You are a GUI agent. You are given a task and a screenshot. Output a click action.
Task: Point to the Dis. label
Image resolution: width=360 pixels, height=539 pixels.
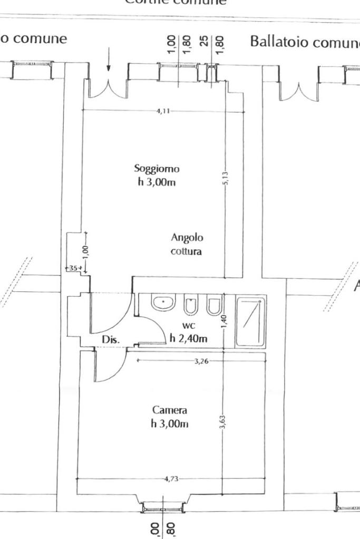coord(111,340)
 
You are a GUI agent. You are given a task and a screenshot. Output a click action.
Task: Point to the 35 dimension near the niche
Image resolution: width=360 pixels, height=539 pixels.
coord(73,268)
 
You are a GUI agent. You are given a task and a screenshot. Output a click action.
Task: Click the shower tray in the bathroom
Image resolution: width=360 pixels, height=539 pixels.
coord(250,321)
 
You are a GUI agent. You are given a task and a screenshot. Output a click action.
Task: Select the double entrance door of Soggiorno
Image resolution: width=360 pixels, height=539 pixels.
coord(109,90)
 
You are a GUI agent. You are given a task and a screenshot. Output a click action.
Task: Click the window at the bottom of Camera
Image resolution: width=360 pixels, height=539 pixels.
coord(162,507)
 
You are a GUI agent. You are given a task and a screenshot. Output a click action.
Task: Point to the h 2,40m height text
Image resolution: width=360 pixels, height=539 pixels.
coord(188,338)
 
